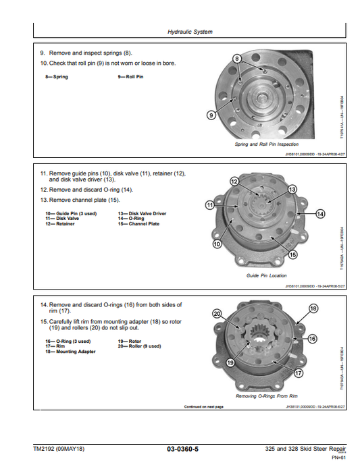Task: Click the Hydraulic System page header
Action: pyautogui.click(x=189, y=32)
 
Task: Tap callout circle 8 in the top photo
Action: pyautogui.click(x=236, y=59)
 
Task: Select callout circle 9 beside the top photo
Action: pyautogui.click(x=211, y=115)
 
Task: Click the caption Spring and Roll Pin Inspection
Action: pyautogui.click(x=266, y=144)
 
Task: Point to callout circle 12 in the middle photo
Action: pyautogui.click(x=234, y=182)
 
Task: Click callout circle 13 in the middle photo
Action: pyautogui.click(x=292, y=190)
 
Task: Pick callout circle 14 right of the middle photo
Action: pyautogui.click(x=320, y=214)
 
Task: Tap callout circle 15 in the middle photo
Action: pyautogui.click(x=293, y=254)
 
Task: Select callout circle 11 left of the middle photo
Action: pyautogui.click(x=209, y=204)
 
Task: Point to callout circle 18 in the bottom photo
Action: pyautogui.click(x=313, y=308)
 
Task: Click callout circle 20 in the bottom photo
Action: pyautogui.click(x=217, y=313)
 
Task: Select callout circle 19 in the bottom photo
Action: pyautogui.click(x=230, y=362)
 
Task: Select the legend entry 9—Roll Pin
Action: pyautogui.click(x=130, y=77)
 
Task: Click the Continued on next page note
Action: pyautogui.click(x=203, y=407)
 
